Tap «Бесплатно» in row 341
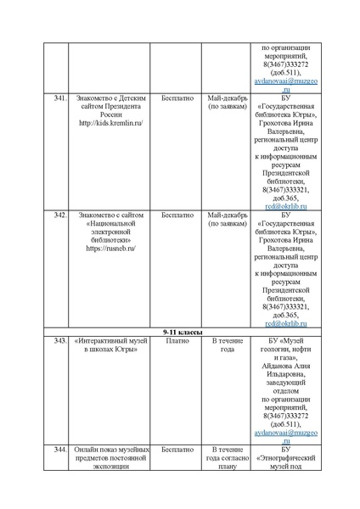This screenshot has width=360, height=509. pyautogui.click(x=177, y=98)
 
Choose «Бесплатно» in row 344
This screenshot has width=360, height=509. pyautogui.click(x=177, y=449)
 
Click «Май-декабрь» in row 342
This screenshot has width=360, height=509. pyautogui.click(x=227, y=215)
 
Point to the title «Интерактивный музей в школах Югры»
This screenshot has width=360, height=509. pyautogui.click(x=110, y=344)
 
